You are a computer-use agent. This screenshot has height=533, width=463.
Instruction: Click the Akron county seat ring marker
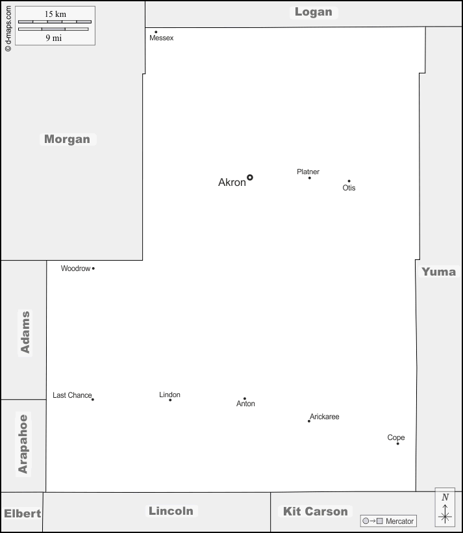click(x=249, y=177)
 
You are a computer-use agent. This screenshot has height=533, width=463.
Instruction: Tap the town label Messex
click(x=161, y=38)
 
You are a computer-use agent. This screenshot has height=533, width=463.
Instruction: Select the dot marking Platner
click(x=310, y=178)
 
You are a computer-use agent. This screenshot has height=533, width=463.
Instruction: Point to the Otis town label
click(x=349, y=188)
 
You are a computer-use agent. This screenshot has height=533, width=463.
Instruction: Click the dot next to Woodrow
click(x=94, y=268)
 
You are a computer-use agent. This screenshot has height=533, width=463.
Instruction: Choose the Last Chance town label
click(x=72, y=395)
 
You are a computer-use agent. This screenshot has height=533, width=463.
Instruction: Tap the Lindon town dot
click(x=170, y=400)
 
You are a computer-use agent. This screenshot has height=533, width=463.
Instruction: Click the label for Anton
click(x=245, y=404)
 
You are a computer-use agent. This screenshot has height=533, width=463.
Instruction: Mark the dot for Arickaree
click(x=309, y=421)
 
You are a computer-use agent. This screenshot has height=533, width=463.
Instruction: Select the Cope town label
click(x=395, y=437)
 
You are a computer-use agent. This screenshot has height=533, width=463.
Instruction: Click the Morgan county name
click(x=68, y=139)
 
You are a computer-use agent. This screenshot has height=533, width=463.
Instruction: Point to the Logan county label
click(x=313, y=12)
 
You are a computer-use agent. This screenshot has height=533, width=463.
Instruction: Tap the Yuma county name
click(x=438, y=272)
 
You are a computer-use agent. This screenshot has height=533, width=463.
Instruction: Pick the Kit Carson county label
click(x=315, y=512)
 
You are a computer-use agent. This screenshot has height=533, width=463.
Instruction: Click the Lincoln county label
click(x=171, y=510)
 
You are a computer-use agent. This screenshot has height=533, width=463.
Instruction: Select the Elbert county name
click(x=23, y=513)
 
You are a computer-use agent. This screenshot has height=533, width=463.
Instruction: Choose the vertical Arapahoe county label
click(x=23, y=443)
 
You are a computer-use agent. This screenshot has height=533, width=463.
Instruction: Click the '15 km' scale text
click(x=55, y=14)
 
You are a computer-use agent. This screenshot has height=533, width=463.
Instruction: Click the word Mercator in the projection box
click(x=399, y=521)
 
